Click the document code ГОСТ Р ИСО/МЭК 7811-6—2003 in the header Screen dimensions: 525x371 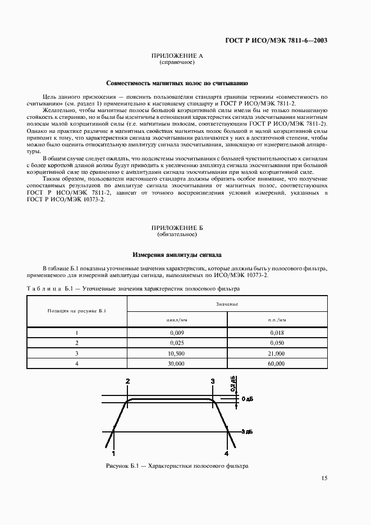coord(284,40)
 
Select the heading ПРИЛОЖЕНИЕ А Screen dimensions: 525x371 coord(177,56)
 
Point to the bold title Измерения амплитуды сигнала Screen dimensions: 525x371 coord(177,254)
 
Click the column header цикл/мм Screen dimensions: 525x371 coord(177,319)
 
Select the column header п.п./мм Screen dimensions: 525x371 coord(277,319)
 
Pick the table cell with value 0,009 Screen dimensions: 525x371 coord(177,333)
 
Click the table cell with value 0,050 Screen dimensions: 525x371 coord(277,343)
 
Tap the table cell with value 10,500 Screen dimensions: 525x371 coord(177,353)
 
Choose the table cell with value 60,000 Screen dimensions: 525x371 coord(277,363)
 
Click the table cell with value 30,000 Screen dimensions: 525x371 coord(177,363)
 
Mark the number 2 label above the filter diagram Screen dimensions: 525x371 coord(127,381)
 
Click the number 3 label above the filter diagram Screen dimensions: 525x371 coord(213,381)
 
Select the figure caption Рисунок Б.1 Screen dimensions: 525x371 coord(177,466)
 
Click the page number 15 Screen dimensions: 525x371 coord(324,478)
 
